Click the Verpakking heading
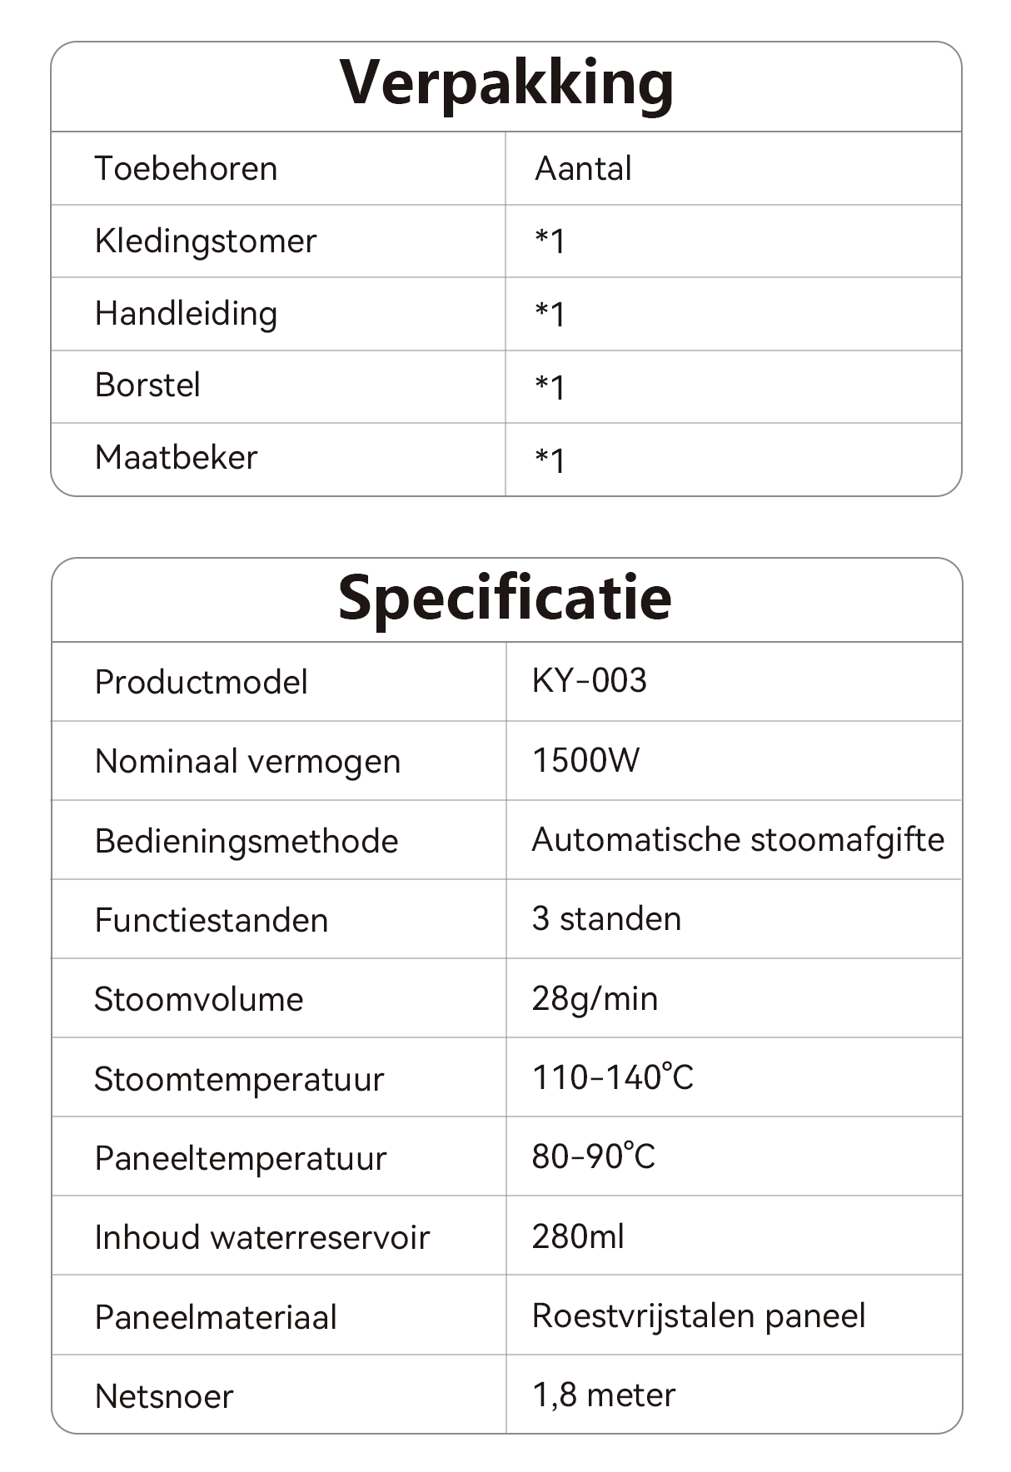506,85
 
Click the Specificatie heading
505,599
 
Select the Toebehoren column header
186,169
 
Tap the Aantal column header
583,169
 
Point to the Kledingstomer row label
206,241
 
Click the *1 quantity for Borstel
550,387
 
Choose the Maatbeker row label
177,458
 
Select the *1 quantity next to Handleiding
550,315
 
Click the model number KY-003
590,681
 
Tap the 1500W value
586,760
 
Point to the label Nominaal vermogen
247,762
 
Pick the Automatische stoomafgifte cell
738,840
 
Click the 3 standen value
606,919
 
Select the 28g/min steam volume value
595,998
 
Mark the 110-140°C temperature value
612,1077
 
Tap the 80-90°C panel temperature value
594,1156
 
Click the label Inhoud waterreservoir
261,1237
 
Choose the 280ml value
578,1236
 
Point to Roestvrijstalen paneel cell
699,1315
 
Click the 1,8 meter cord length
604,1395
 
